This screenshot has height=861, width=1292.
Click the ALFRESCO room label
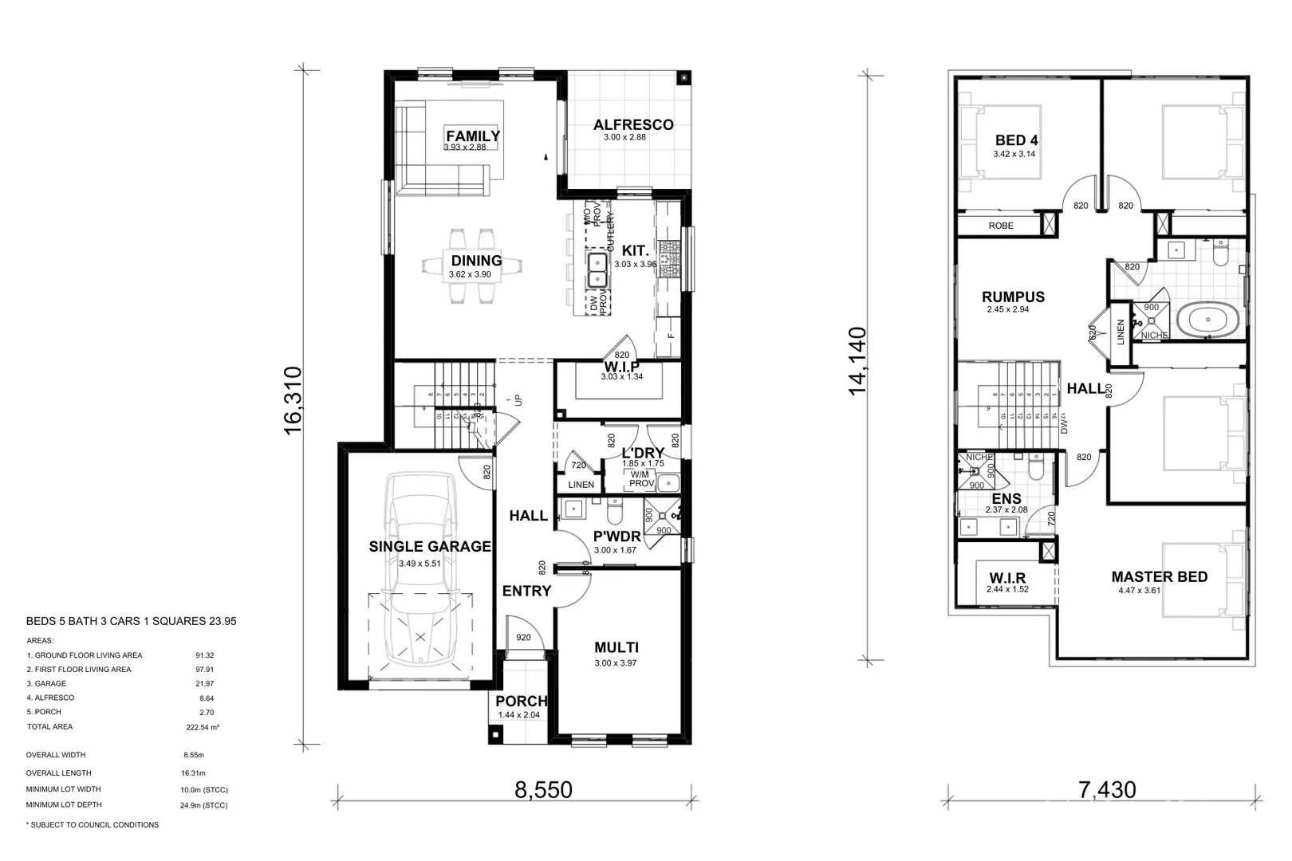[x=633, y=125]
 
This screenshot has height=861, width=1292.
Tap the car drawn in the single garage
[x=420, y=574]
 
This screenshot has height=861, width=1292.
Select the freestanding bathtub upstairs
[x=1211, y=322]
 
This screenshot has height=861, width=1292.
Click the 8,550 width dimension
[x=543, y=790]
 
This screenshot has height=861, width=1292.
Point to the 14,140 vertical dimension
[x=857, y=360]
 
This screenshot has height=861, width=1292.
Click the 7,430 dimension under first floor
[x=1107, y=790]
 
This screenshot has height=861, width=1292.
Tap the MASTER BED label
[x=1159, y=577]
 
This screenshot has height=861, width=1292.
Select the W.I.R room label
[x=1007, y=578]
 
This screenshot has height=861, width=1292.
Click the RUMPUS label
[x=1013, y=297]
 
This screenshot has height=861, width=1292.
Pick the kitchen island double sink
[x=597, y=271]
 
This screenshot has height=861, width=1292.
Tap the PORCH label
[x=522, y=702]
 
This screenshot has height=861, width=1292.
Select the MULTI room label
[x=616, y=648]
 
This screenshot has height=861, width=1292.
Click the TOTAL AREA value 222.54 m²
[x=203, y=727]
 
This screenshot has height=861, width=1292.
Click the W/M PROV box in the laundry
[x=641, y=479]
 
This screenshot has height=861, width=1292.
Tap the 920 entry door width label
[x=523, y=638]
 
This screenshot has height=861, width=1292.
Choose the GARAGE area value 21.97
[x=204, y=684]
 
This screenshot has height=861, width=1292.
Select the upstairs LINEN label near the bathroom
[x=1120, y=332]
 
